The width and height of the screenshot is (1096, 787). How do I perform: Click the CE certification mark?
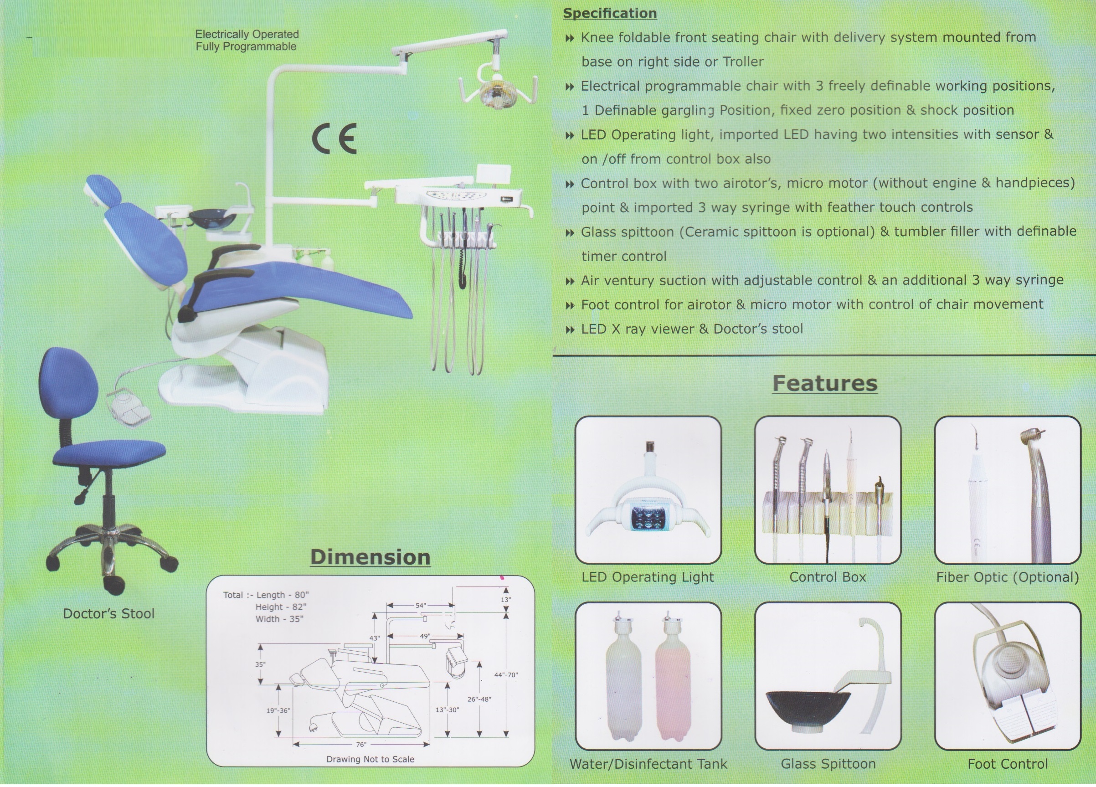pos(334,138)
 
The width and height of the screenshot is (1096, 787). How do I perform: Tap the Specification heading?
pos(610,13)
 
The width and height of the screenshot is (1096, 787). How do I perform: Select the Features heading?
pos(825,383)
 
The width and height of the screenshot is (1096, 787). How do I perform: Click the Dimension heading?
pos(370,557)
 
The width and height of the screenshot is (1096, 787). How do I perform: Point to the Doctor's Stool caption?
pos(109,613)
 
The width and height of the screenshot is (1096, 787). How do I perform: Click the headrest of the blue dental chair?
pos(103,190)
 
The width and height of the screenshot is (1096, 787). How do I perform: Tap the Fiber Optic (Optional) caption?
pos(1008,577)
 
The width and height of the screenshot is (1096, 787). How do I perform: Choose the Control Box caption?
pos(828,577)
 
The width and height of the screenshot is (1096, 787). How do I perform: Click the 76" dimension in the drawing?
pos(361,745)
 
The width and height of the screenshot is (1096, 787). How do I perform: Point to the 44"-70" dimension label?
pos(506,675)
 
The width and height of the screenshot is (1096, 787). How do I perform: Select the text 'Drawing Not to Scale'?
pos(370,759)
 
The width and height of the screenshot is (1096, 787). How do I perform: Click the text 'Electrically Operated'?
pos(247,34)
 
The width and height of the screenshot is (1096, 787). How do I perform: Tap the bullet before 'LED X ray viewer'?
pos(570,330)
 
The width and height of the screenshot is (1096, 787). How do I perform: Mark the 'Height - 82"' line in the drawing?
pos(281,607)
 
